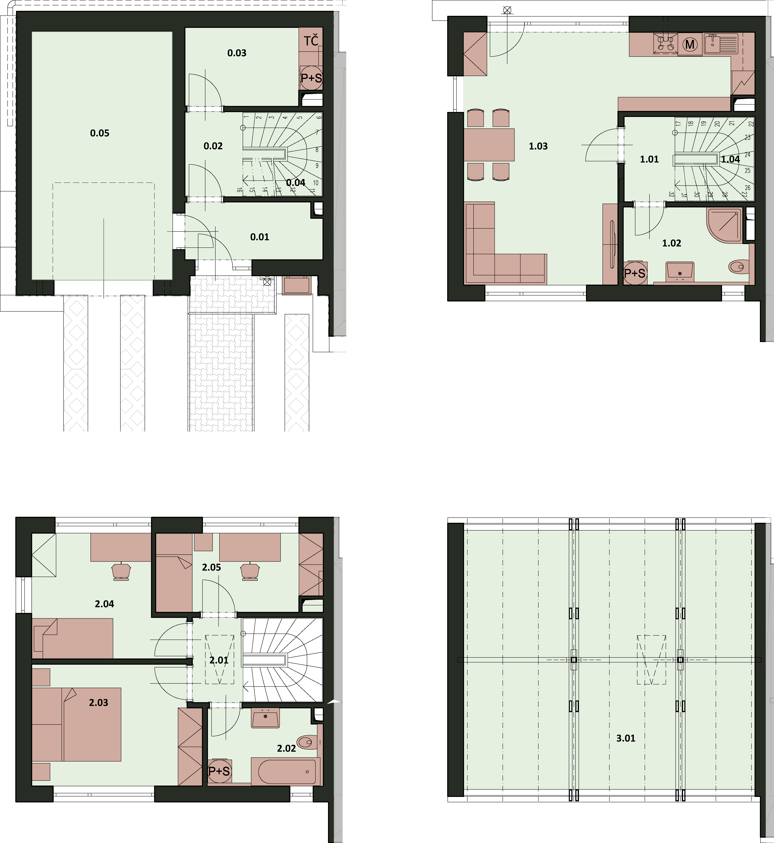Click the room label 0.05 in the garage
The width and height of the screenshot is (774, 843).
pyautogui.click(x=100, y=133)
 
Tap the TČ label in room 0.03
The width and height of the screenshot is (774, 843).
pyautogui.click(x=311, y=41)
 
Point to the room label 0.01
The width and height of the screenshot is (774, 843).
pyautogui.click(x=260, y=237)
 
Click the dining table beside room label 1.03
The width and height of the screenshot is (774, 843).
pyautogui.click(x=489, y=144)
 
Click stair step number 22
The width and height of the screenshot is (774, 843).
pyautogui.click(x=751, y=123)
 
